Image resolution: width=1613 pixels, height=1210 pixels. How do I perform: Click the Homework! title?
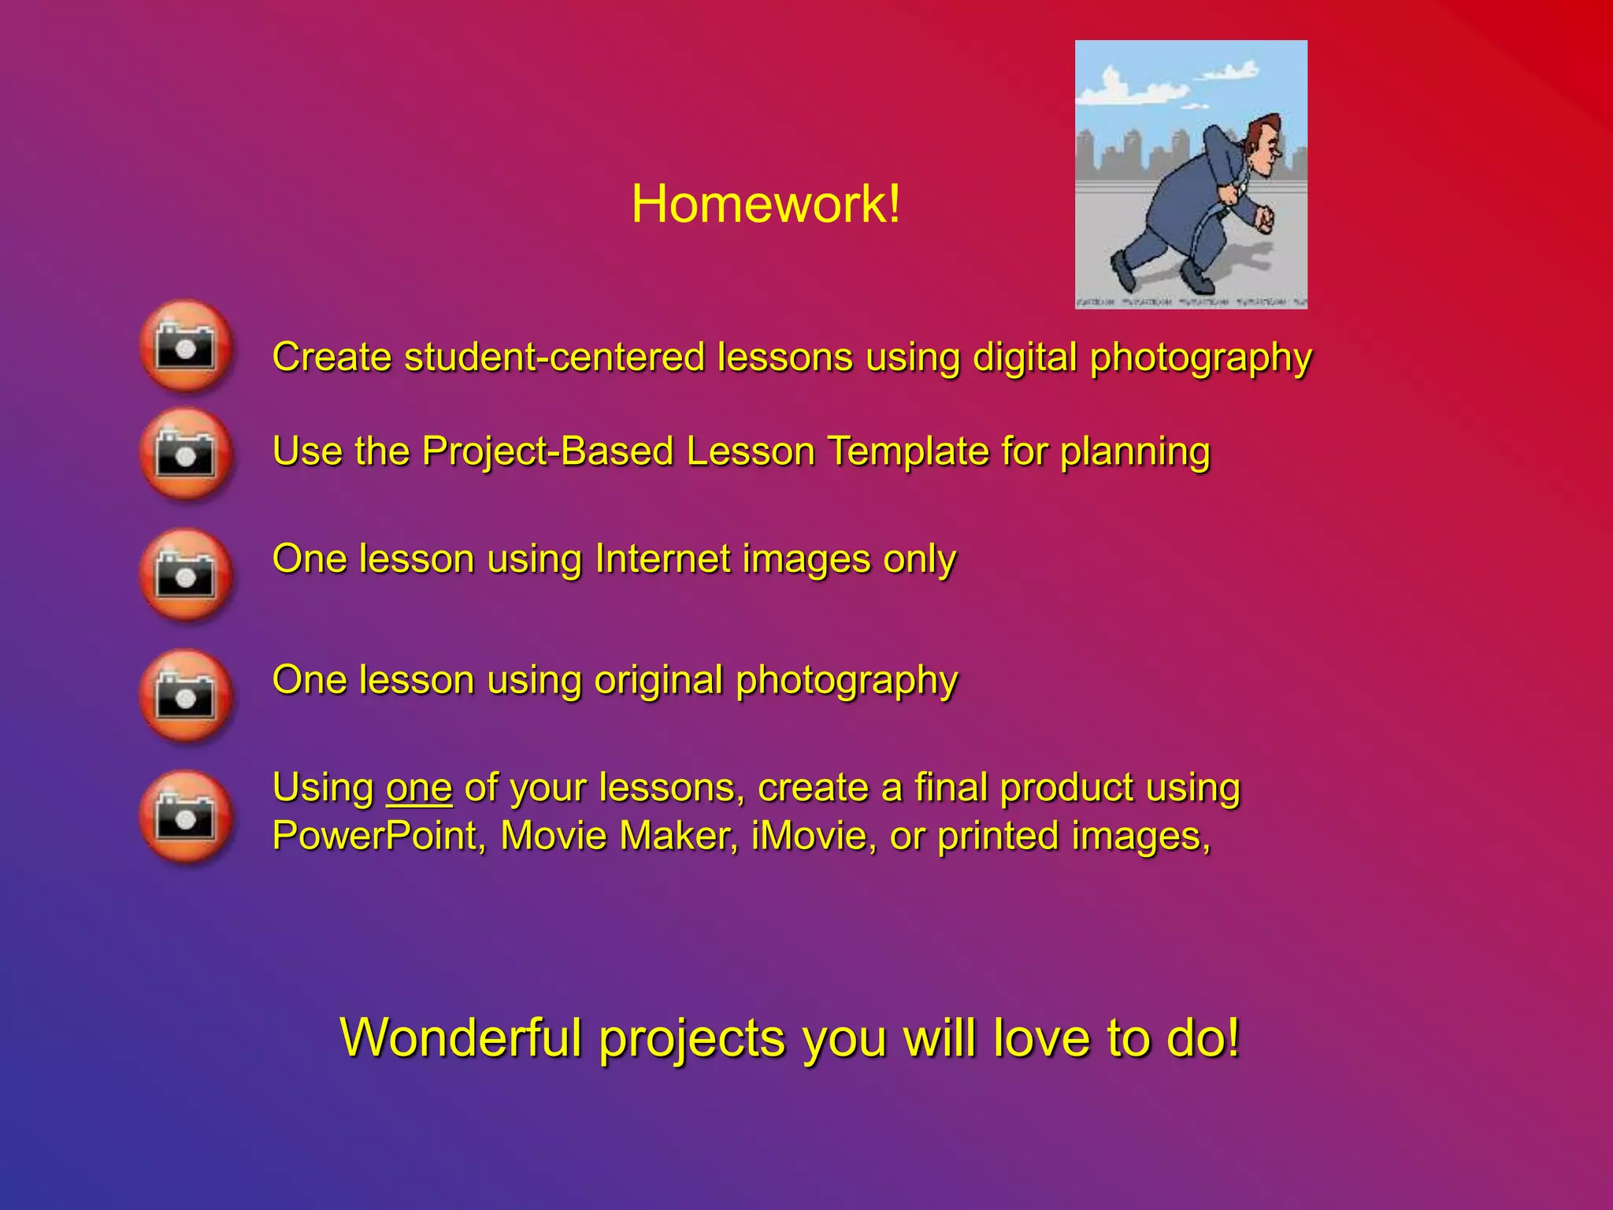coord(766,204)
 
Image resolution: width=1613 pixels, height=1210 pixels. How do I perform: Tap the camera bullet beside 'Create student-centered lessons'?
coord(186,346)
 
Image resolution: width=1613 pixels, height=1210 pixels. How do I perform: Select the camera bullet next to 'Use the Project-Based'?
coord(186,454)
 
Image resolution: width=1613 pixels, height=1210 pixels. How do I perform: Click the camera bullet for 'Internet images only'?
coord(186,575)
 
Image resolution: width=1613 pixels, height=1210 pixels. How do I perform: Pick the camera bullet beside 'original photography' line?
coord(186,696)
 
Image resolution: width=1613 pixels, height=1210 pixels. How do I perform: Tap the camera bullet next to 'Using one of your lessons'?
coord(186,817)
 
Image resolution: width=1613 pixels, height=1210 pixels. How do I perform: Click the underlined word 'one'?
coord(418,789)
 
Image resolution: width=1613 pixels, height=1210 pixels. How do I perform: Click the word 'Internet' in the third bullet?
coord(662,559)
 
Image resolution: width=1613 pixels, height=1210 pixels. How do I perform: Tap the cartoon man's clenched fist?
coord(1263,218)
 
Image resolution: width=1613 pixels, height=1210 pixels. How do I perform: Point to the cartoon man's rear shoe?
coord(1122,272)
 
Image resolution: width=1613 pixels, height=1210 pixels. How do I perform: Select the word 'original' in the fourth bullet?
coord(658,680)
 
